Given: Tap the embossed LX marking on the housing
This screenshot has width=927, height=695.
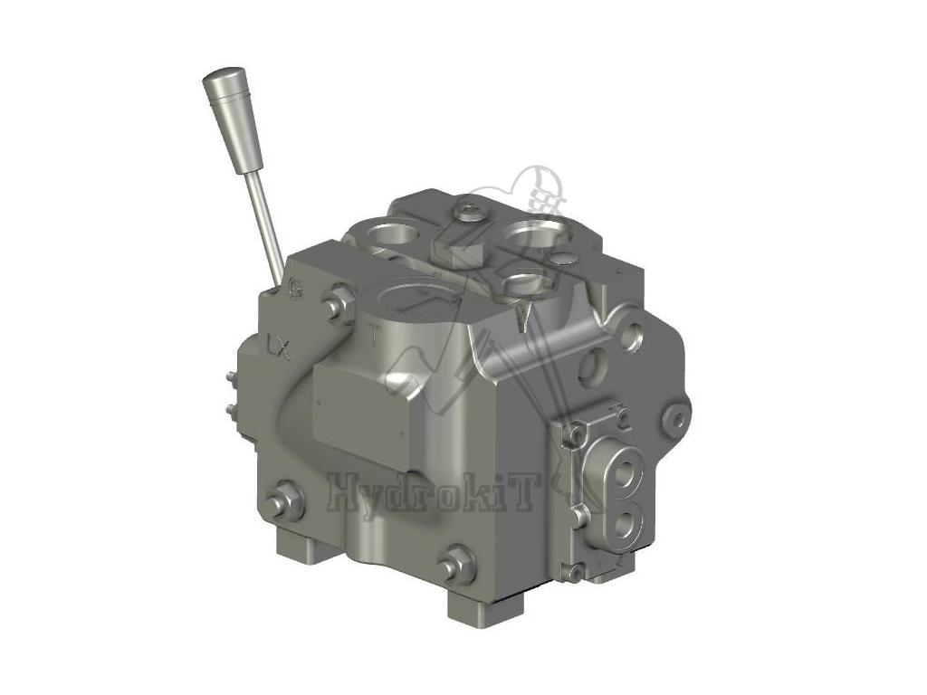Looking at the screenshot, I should click(x=279, y=347).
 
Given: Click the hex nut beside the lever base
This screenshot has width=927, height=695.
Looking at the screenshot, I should click(x=340, y=304).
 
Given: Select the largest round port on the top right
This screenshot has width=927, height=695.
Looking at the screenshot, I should click(x=532, y=233).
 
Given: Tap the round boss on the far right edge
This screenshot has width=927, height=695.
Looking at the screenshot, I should click(x=676, y=414).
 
